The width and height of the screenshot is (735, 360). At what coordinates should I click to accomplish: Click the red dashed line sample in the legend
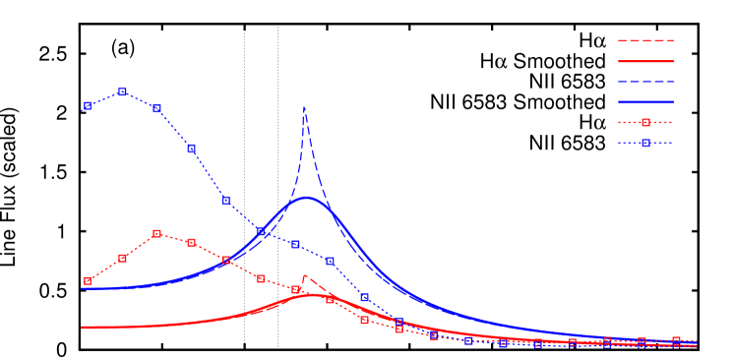click(645, 40)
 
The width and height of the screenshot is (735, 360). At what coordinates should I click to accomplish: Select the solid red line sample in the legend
click(645, 61)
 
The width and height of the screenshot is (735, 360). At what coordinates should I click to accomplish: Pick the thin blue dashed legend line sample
click(645, 82)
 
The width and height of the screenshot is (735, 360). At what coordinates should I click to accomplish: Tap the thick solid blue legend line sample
click(645, 101)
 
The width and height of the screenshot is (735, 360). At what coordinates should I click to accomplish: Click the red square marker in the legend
click(645, 122)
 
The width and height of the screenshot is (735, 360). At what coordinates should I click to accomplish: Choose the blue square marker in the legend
click(645, 143)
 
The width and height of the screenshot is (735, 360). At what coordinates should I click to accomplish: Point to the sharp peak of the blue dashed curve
click(304, 107)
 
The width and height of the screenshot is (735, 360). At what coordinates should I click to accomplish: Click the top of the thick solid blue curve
click(308, 198)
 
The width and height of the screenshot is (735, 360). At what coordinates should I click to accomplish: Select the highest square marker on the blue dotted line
click(122, 91)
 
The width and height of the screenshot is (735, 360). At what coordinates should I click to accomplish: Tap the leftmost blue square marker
click(88, 105)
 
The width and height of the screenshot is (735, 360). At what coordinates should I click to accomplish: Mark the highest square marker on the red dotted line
click(156, 233)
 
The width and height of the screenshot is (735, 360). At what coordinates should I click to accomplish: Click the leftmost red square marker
click(88, 280)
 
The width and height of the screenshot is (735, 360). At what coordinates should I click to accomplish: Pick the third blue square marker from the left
click(156, 108)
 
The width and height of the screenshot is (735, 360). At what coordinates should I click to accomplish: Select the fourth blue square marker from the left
click(191, 148)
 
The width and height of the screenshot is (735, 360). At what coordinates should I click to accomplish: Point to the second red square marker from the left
click(122, 258)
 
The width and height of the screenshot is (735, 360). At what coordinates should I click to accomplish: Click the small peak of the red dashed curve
click(305, 276)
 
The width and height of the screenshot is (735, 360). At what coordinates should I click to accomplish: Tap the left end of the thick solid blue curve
click(82, 288)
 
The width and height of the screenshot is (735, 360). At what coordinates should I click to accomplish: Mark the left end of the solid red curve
click(82, 328)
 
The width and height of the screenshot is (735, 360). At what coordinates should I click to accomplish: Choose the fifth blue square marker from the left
click(226, 200)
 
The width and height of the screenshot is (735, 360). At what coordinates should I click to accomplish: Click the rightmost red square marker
click(676, 340)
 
